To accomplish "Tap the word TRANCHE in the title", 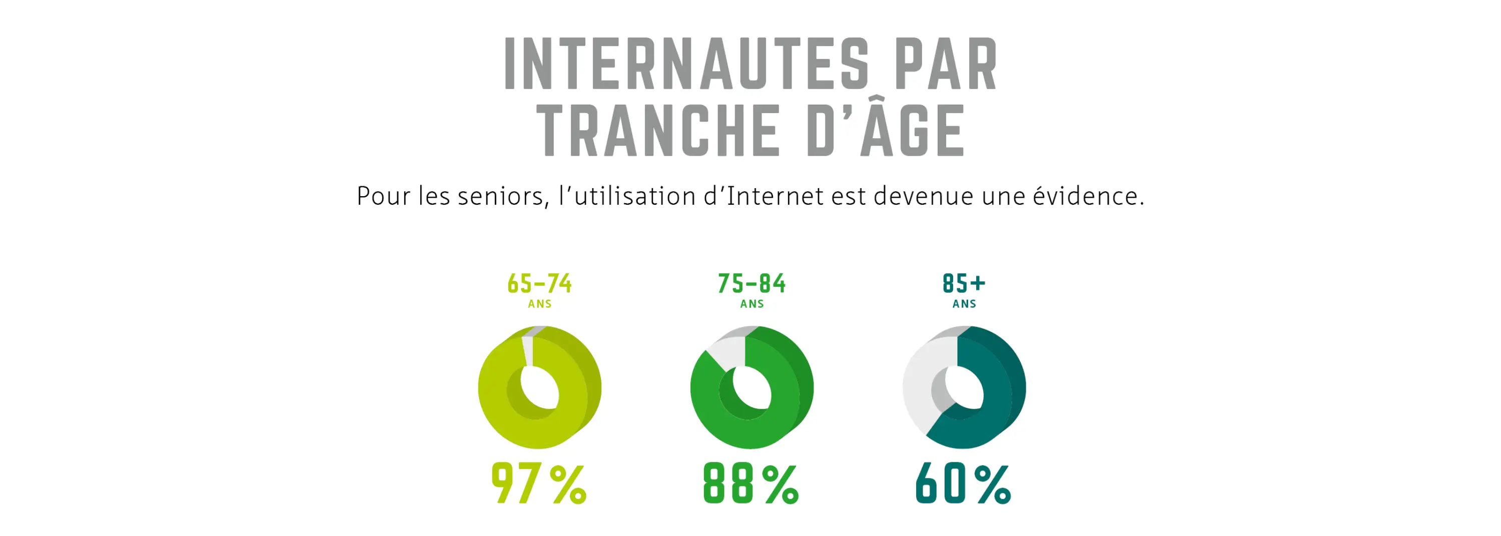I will [658, 131].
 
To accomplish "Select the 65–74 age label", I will [539, 284].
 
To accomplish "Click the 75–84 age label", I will [752, 284].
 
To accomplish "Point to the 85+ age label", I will [964, 284].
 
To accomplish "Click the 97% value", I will [539, 483].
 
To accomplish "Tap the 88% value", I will [752, 483].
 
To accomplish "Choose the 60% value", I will [964, 483].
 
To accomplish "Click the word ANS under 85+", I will [964, 304].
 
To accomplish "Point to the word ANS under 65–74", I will [539, 304].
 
